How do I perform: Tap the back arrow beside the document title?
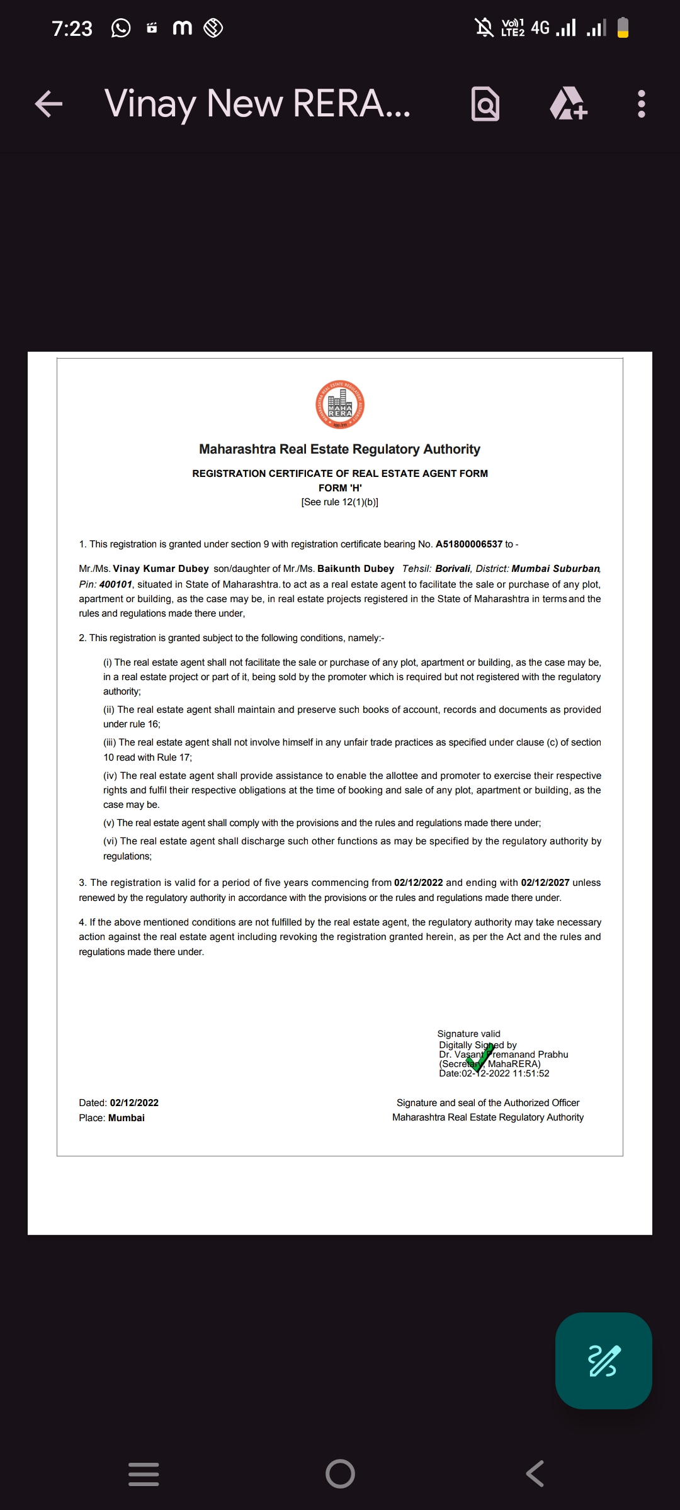(x=48, y=104)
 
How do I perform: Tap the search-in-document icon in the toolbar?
(x=485, y=104)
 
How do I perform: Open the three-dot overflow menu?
(x=641, y=104)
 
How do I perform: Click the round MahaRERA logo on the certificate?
(x=340, y=405)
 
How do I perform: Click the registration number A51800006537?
(x=469, y=544)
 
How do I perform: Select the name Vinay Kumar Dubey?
(x=161, y=569)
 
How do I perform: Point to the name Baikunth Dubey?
(x=356, y=569)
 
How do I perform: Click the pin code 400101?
(x=116, y=584)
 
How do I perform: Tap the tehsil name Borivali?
(x=453, y=569)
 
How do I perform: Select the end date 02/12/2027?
(x=545, y=883)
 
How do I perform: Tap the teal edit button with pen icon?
(x=603, y=1361)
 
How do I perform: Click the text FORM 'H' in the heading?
(x=340, y=488)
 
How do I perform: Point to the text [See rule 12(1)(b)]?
(x=340, y=502)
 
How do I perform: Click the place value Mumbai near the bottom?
(x=127, y=1118)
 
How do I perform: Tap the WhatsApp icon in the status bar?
(x=121, y=28)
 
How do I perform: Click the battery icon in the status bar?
(x=623, y=28)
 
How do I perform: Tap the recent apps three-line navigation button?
(x=144, y=1474)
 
